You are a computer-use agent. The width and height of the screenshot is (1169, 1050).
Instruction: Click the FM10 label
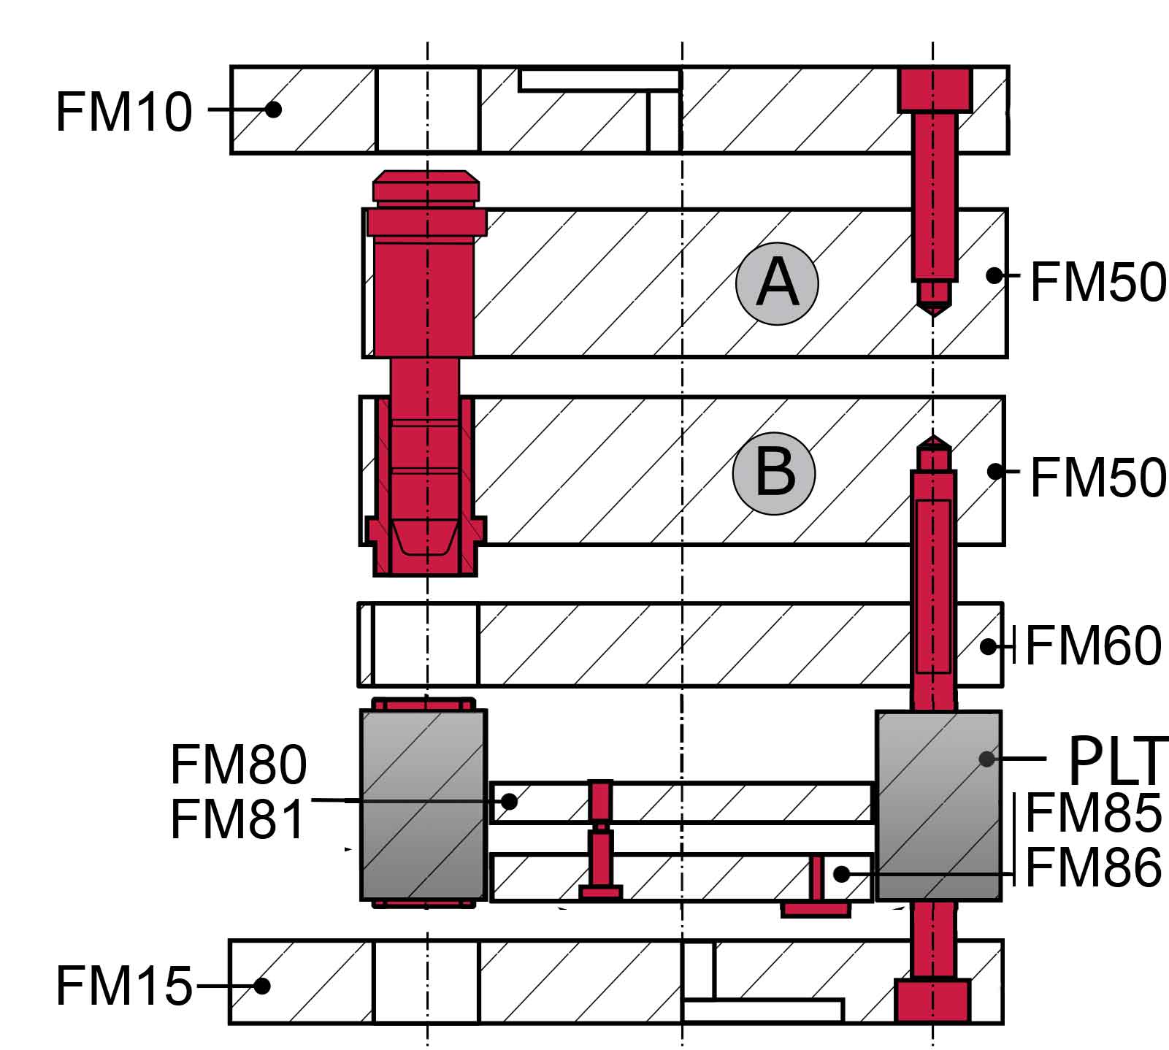[x=123, y=112]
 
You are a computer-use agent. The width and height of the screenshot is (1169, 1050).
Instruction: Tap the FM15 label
[x=123, y=985]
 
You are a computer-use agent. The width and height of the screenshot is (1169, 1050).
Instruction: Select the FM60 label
[x=1092, y=645]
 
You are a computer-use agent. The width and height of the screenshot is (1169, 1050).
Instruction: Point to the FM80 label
[x=238, y=764]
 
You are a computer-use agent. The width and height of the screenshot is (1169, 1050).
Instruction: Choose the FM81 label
[x=238, y=819]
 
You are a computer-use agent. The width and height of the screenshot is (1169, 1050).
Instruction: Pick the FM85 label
[x=1093, y=813]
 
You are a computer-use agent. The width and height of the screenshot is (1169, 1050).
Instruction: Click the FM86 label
[x=1093, y=867]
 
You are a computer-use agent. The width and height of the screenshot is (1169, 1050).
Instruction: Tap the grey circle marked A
[x=777, y=283]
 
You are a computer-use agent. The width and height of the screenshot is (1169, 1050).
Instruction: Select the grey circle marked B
[x=774, y=472]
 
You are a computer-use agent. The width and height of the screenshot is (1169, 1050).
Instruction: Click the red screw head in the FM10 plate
[x=935, y=90]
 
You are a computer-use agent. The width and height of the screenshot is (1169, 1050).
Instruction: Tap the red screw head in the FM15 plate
[x=932, y=1000]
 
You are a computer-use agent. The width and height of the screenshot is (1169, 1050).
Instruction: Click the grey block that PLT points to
[x=938, y=805]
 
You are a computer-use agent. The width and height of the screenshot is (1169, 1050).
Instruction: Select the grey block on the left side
[x=423, y=805]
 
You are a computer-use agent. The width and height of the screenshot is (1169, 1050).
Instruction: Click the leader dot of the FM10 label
[x=273, y=110]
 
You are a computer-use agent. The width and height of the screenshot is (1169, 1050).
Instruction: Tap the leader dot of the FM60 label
[x=988, y=646]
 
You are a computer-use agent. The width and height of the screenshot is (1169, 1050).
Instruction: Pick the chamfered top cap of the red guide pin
[x=426, y=185]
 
